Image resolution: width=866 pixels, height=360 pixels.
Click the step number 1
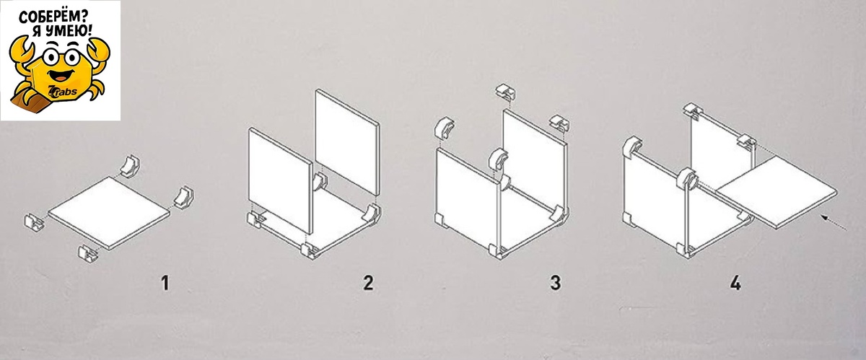tap(165, 283)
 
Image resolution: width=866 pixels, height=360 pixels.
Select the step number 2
tap(369, 283)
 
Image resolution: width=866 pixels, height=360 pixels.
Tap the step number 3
tap(556, 283)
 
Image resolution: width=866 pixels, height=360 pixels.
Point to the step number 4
tap(735, 283)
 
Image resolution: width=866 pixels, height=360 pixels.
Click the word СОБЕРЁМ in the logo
tap(53, 17)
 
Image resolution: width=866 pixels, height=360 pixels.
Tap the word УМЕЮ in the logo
tap(69, 30)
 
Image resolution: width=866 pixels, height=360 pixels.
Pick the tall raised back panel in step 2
tap(347, 142)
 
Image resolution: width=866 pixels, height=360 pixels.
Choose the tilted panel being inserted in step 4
tap(777, 192)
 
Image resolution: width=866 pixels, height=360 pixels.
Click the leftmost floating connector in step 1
tap(34, 222)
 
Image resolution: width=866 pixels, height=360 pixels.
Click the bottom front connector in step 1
tap(88, 254)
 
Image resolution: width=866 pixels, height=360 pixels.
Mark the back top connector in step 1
tap(129, 166)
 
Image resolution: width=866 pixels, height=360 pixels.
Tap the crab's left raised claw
tap(21, 50)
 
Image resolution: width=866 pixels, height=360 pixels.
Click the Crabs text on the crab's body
tap(65, 92)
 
